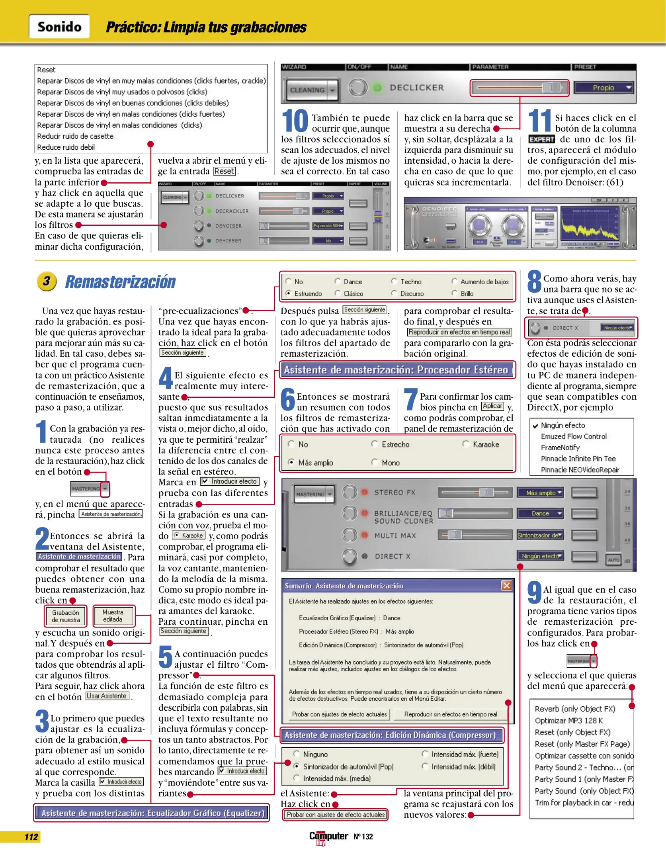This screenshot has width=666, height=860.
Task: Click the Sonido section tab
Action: (x=59, y=27)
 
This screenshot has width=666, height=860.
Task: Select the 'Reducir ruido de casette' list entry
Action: (x=75, y=136)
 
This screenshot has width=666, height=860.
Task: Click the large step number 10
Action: (x=295, y=121)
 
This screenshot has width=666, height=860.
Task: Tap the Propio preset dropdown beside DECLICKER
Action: (x=604, y=88)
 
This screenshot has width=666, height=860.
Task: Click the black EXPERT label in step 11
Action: (x=541, y=139)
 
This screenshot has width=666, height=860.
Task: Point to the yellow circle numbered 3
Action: (x=47, y=281)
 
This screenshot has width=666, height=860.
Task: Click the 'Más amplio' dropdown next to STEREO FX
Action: (x=540, y=493)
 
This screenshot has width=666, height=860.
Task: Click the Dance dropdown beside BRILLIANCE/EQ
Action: (x=540, y=514)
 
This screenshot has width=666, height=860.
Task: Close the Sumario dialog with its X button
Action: (x=506, y=585)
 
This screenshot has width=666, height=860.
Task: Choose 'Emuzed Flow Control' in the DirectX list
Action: (x=573, y=436)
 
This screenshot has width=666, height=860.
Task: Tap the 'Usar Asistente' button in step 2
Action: (x=107, y=696)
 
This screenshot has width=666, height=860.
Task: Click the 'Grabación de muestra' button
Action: (x=66, y=616)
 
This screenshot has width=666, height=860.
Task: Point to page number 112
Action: (x=31, y=837)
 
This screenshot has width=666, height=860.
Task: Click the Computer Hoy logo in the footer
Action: (x=328, y=837)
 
